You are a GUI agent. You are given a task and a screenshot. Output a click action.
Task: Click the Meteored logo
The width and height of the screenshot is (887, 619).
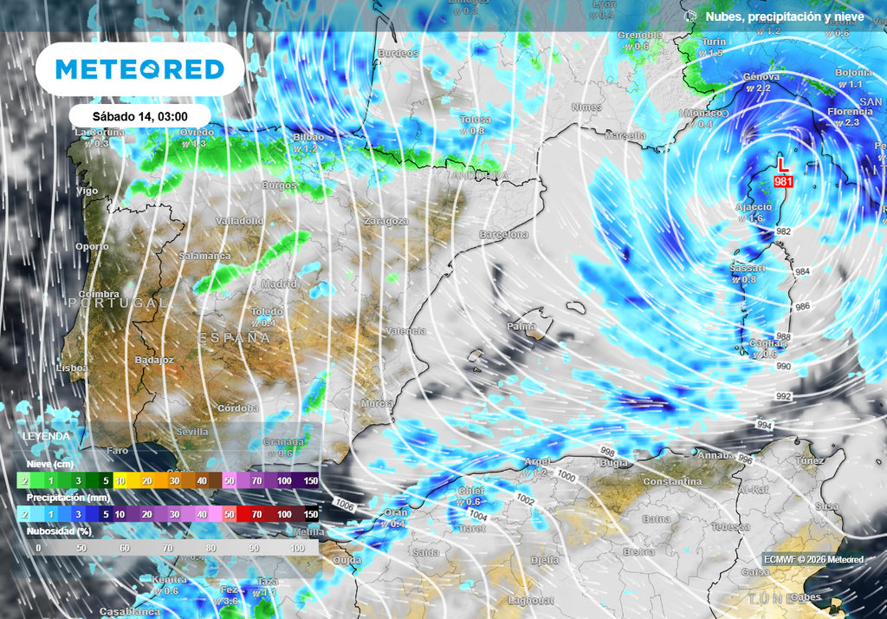tap(139, 68)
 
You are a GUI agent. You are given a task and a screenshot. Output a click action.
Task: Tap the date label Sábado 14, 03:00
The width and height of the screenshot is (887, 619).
tap(139, 116)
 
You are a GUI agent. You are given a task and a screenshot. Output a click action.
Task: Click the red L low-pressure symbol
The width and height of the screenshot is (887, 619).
tap(783, 164)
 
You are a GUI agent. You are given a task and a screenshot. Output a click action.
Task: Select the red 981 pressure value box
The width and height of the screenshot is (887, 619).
tap(785, 181)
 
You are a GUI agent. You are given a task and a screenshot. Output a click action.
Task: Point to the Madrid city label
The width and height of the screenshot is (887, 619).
tap(279, 284)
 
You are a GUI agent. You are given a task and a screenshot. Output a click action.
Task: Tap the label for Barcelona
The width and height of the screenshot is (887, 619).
tap(504, 235)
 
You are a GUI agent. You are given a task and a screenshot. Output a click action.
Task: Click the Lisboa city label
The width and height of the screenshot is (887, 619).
tap(72, 368)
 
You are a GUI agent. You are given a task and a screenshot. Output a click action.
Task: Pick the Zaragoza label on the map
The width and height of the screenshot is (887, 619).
tap(385, 221)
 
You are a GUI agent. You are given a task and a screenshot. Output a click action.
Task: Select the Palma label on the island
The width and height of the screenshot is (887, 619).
tap(521, 326)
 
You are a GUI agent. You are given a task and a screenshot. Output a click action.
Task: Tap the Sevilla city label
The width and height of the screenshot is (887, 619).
tap(191, 431)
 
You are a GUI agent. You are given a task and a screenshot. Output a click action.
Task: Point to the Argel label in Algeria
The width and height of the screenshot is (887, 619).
tap(537, 461)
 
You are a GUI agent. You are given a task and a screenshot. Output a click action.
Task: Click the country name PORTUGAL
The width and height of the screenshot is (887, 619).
tap(118, 303)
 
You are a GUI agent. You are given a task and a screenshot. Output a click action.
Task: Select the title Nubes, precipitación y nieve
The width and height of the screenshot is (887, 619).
tap(785, 16)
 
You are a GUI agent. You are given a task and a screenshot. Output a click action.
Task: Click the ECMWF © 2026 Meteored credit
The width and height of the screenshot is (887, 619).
tap(813, 559)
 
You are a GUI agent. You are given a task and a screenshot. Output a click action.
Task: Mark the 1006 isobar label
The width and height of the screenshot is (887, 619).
tap(345, 503)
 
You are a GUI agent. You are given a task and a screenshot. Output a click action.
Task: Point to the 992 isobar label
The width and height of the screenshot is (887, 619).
tap(784, 396)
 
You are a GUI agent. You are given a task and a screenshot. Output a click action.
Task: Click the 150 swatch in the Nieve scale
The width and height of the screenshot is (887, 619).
tap(310, 480)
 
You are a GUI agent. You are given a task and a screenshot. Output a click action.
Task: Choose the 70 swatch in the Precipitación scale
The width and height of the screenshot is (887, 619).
tap(256, 514)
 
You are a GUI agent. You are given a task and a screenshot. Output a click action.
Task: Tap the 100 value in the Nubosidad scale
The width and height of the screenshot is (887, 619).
tap(299, 548)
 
